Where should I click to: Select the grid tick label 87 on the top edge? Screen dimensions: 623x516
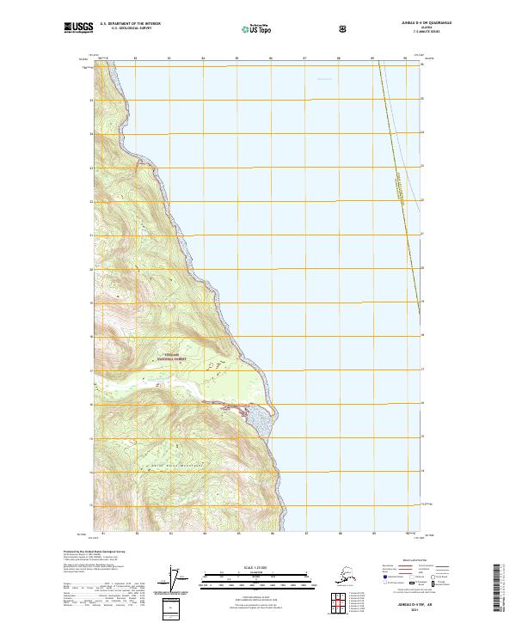(x=304, y=59)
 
